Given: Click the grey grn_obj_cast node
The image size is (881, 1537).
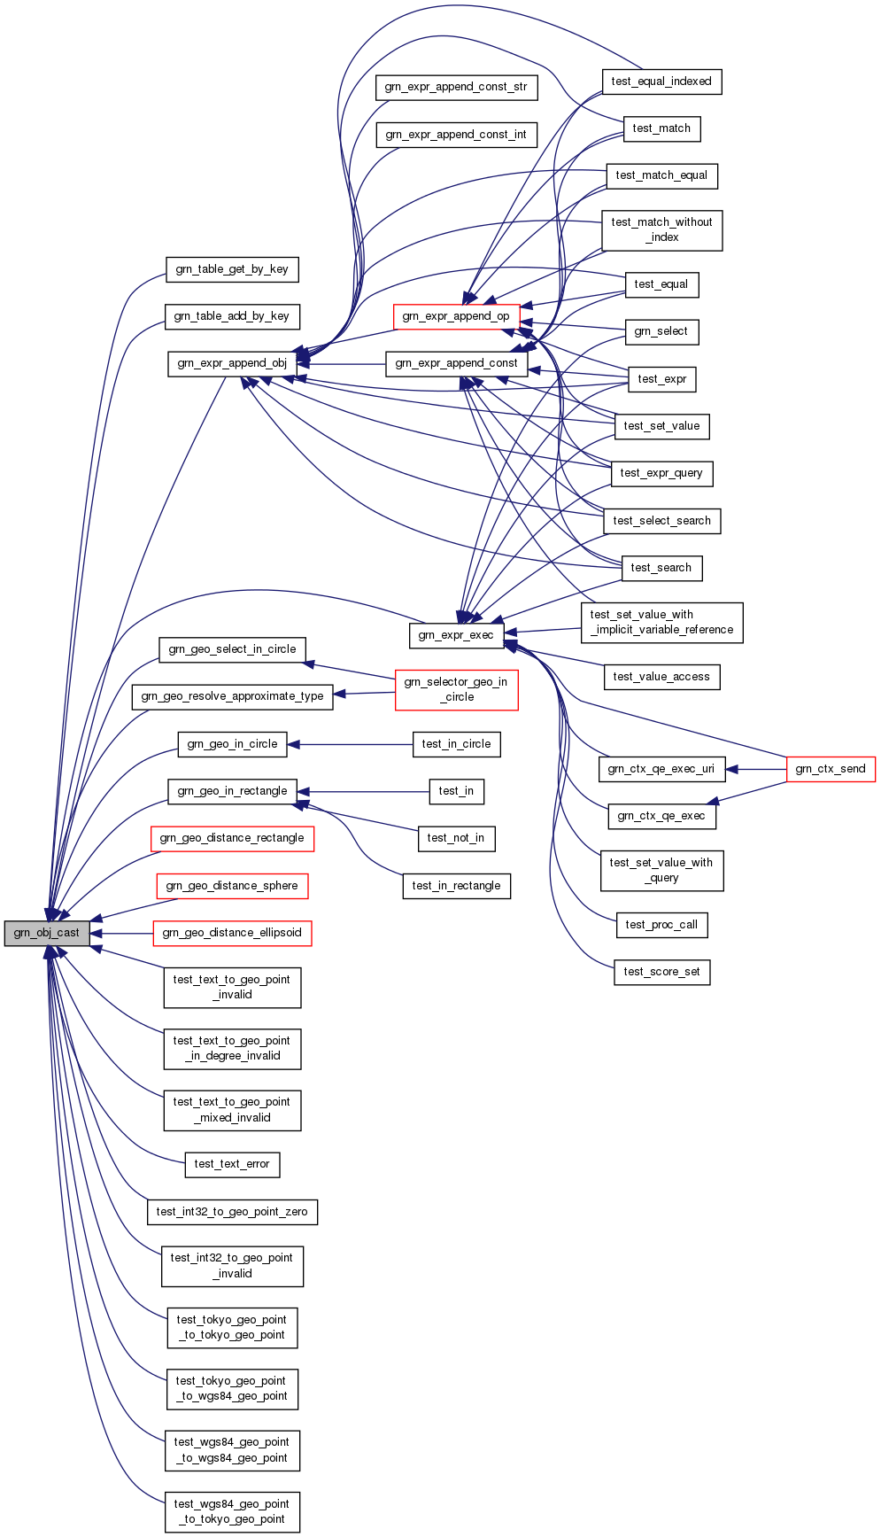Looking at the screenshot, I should click(47, 933).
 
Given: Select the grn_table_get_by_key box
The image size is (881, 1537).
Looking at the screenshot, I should click(232, 269).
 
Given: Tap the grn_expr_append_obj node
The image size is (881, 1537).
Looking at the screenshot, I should click(232, 363).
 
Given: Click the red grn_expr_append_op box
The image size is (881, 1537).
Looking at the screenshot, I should click(456, 316).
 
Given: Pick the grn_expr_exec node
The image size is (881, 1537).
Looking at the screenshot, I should click(456, 635).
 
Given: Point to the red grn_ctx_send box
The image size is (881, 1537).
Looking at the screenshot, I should click(831, 769).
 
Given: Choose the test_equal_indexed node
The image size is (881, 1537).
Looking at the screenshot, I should click(661, 82).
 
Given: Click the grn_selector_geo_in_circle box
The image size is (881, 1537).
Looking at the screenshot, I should click(456, 689).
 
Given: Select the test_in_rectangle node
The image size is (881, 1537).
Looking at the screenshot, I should click(457, 886).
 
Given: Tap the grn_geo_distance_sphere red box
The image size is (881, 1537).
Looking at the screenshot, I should click(232, 886).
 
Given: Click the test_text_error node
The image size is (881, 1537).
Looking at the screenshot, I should click(232, 1164).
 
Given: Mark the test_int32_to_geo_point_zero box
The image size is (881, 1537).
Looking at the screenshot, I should click(232, 1212).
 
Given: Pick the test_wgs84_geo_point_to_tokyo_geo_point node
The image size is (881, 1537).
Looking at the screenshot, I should click(232, 1511).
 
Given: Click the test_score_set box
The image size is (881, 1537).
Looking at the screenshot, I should click(661, 972).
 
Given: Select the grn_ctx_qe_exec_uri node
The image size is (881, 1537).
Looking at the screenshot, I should click(661, 769).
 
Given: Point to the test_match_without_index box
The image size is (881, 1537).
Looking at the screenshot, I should click(661, 229).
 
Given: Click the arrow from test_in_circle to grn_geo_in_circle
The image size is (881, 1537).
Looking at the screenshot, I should click(354, 744).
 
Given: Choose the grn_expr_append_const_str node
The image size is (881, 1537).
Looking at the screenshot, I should click(456, 87).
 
